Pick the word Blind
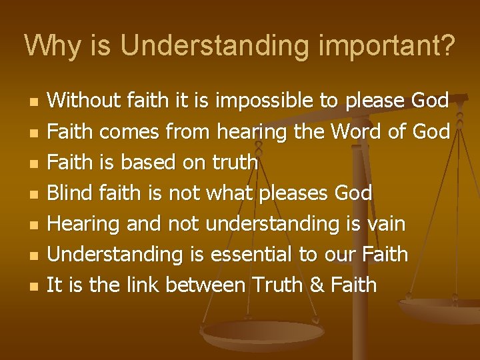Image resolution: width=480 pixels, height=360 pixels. click(71, 193)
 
